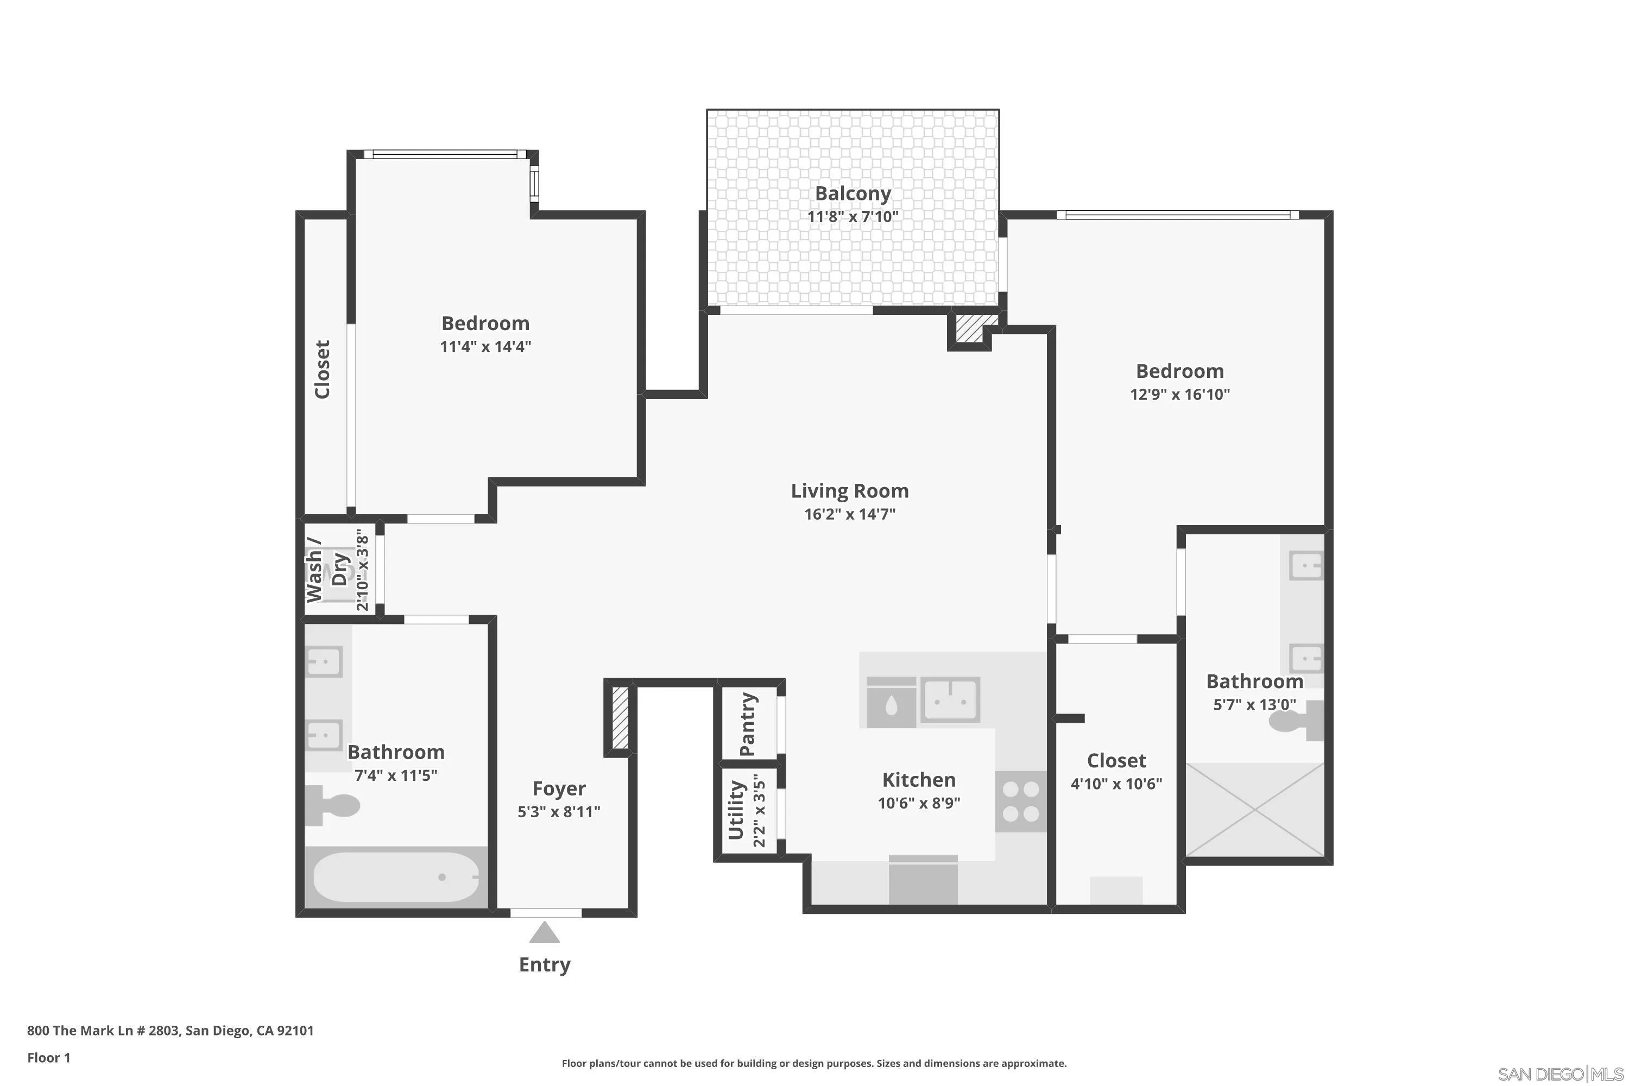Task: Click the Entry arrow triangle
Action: [545, 932]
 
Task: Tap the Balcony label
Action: [853, 193]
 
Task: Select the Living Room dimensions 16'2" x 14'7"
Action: [850, 514]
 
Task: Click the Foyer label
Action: [559, 788]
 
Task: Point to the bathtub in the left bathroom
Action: [396, 877]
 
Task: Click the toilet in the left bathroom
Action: [332, 805]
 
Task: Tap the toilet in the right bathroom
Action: [1295, 721]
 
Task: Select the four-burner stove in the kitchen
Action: [1021, 801]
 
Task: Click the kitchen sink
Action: [950, 699]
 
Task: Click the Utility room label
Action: [736, 810]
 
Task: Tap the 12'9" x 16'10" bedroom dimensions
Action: [1179, 394]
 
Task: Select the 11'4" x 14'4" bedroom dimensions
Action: [485, 346]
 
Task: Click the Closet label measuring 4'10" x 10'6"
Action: [1116, 761]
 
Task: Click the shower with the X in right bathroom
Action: [1254, 809]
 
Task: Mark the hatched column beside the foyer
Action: [620, 718]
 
